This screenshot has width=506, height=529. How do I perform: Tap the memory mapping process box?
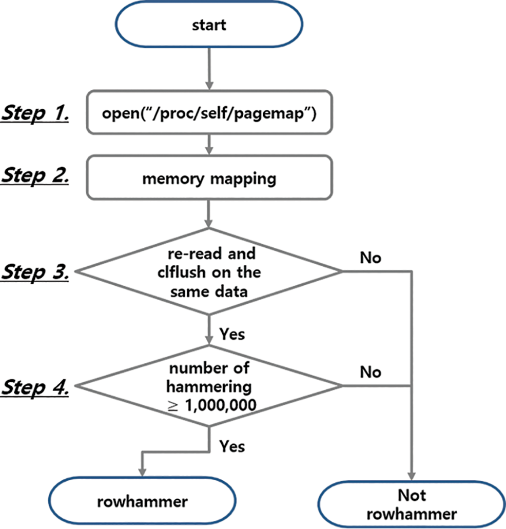point(209,179)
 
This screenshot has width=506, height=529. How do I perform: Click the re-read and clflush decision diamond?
point(209,271)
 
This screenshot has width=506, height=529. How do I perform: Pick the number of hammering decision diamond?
point(209,385)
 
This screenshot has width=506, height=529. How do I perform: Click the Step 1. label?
point(35,114)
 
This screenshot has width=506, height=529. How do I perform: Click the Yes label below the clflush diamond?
point(232,334)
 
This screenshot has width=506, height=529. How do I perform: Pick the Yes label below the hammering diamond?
point(232,446)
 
